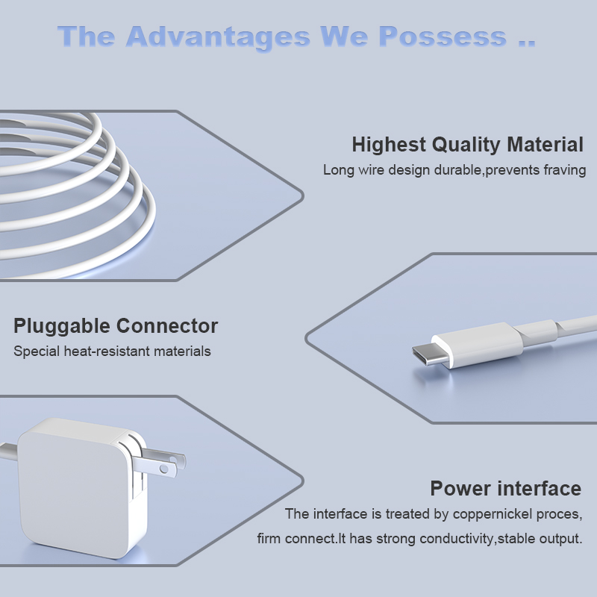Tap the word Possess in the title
coord(443,37)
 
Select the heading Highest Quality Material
coord(467,145)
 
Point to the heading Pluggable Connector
coord(116,326)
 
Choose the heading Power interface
coord(506,488)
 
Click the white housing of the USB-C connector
coord(478,345)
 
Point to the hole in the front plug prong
coord(163,469)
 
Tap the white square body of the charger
coord(76,491)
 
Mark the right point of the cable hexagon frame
coord(303,196)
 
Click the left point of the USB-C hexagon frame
coord(307,338)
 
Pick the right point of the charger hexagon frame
coord(303,481)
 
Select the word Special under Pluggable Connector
coord(37,351)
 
